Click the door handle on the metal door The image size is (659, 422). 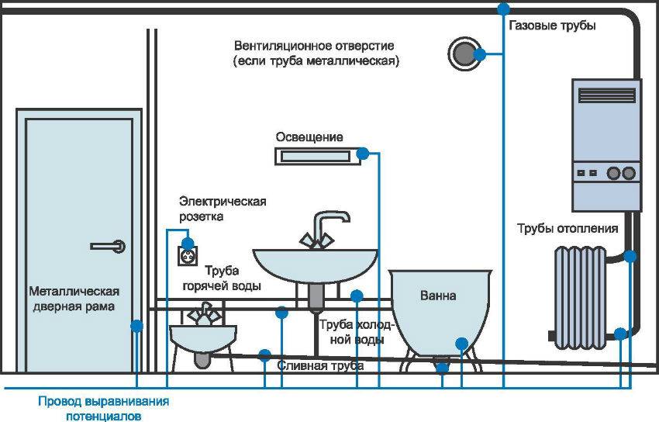[x=108, y=246]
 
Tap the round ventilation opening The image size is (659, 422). [x=463, y=54]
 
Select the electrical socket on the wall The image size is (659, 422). [x=186, y=254]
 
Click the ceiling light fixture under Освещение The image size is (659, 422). [x=316, y=157]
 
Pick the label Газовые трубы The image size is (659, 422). [x=552, y=26]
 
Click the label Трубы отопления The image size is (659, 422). [x=568, y=228]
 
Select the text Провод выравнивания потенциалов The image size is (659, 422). [x=104, y=408]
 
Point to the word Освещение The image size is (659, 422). [x=309, y=137]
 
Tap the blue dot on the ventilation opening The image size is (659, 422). [x=481, y=54]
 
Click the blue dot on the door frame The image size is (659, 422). [x=136, y=327]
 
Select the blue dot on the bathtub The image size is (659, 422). [x=462, y=342]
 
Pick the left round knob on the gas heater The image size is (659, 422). [x=612, y=172]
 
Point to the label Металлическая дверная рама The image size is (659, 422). [x=74, y=299]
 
